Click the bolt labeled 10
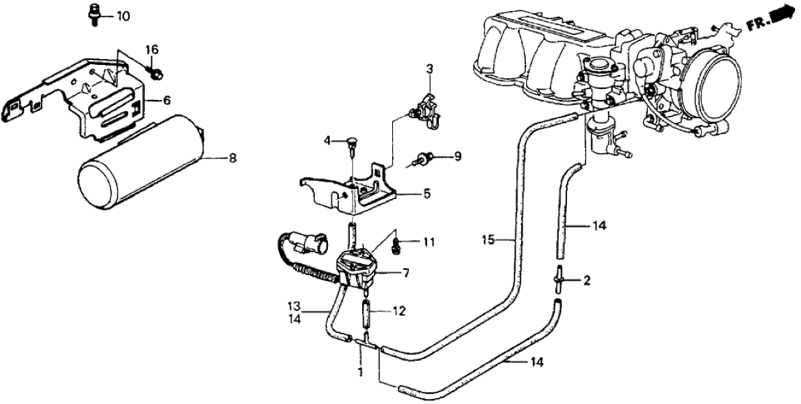click(x=95, y=16)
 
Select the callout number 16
click(x=152, y=50)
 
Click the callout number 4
click(x=328, y=139)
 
